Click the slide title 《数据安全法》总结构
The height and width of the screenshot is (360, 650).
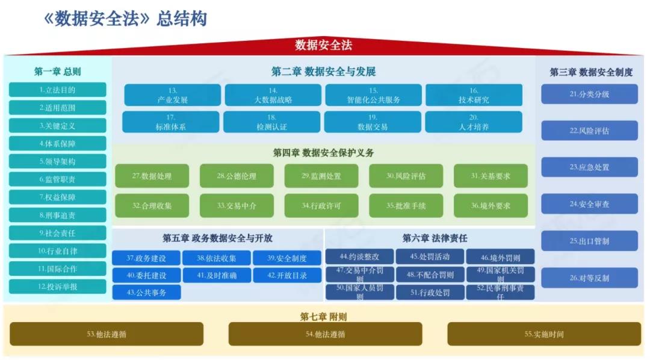pyautogui.click(x=125, y=18)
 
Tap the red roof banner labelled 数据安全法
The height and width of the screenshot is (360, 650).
pyautogui.click(x=323, y=45)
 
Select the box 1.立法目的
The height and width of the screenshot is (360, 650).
pyautogui.click(x=58, y=90)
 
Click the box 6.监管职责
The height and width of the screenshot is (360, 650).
pyautogui.click(x=58, y=179)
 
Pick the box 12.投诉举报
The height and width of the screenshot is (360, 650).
pyautogui.click(x=58, y=287)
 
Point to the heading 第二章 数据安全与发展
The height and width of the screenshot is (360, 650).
pyautogui.click(x=323, y=72)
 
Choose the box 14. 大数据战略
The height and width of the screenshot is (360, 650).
pyautogui.click(x=273, y=95)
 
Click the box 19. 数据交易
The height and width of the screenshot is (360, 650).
pyautogui.click(x=373, y=122)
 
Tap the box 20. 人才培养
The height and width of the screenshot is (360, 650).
pyautogui.click(x=474, y=122)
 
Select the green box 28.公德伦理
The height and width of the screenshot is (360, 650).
pyautogui.click(x=237, y=176)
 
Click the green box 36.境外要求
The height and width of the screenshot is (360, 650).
pyautogui.click(x=491, y=205)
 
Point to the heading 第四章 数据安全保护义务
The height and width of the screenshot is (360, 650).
pyautogui.click(x=323, y=152)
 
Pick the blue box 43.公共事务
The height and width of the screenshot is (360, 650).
pyautogui.click(x=146, y=293)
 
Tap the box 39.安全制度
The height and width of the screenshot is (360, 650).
pyautogui.click(x=287, y=258)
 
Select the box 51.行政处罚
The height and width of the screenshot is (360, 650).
pyautogui.click(x=430, y=293)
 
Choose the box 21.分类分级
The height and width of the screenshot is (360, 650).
pyautogui.click(x=589, y=94)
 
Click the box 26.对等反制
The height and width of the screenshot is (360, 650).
pyautogui.click(x=589, y=278)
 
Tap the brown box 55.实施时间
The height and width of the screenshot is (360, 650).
pyautogui.click(x=544, y=334)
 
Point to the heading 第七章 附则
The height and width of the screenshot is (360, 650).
pyautogui.click(x=323, y=317)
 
